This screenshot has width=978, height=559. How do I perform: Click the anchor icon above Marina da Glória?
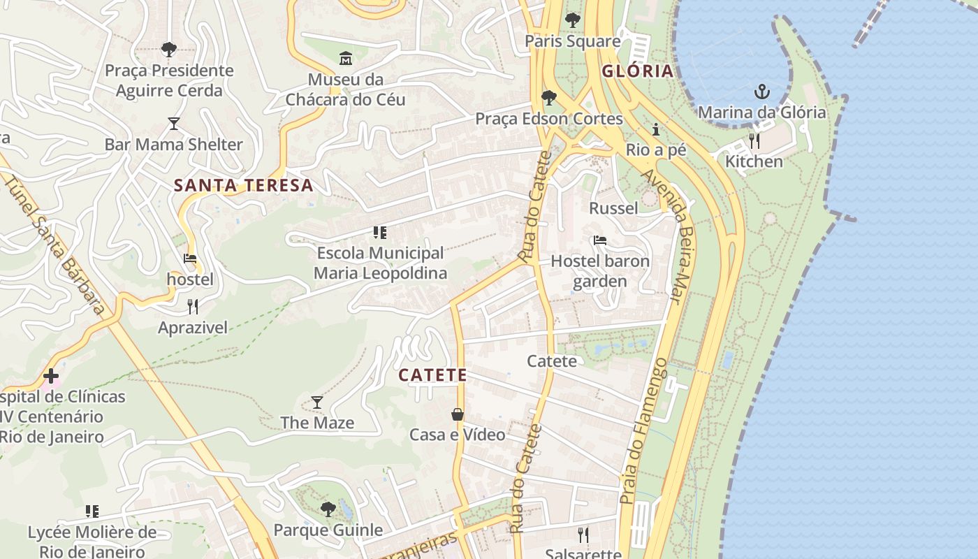click(x=761, y=92)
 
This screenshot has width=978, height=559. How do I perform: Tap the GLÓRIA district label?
click(x=637, y=71)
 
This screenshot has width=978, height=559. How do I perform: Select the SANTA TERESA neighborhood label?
click(x=243, y=185)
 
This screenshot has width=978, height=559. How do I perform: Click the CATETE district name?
click(x=432, y=375)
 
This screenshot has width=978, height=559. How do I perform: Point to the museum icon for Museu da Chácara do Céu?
click(x=346, y=58)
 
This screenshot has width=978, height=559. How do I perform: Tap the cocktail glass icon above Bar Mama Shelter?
click(x=174, y=124)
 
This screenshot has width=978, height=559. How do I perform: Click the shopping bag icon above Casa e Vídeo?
click(x=457, y=414)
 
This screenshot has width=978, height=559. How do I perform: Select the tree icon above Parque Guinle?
click(x=328, y=509)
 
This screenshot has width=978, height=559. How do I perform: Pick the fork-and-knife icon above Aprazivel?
click(x=192, y=306)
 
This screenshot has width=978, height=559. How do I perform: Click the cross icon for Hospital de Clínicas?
click(x=50, y=376)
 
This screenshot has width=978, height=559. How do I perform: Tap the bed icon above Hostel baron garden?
click(x=599, y=240)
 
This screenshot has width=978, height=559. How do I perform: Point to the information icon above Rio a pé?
click(x=655, y=129)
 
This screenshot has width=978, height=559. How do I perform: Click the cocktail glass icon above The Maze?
click(x=317, y=402)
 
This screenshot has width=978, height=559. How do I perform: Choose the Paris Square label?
click(x=572, y=41)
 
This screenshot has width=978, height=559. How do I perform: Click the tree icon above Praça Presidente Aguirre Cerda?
click(x=168, y=49)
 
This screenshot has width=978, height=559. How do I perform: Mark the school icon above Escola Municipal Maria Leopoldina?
click(x=379, y=232)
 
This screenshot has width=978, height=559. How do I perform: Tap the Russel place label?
click(x=613, y=208)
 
